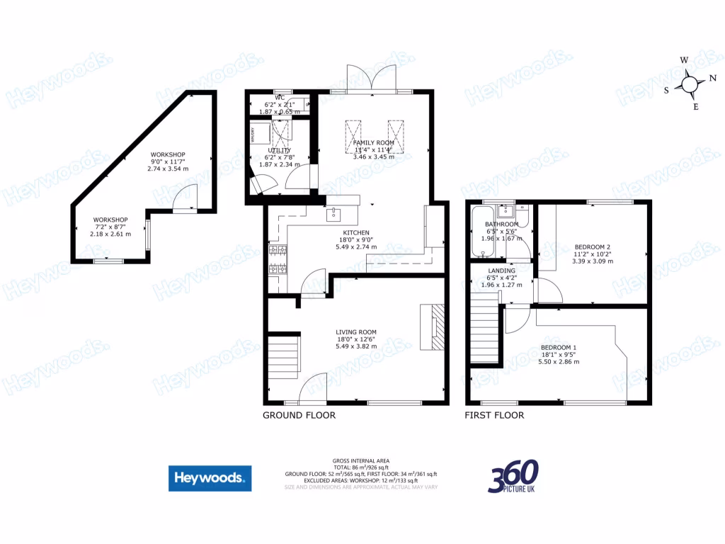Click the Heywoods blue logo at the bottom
pyautogui.click(x=210, y=478)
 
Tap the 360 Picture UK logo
pyautogui.click(x=513, y=477)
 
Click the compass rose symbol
pyautogui.click(x=690, y=85)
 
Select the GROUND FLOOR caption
pyautogui.click(x=299, y=415)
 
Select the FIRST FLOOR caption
pyautogui.click(x=494, y=415)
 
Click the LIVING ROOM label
pyautogui.click(x=356, y=331)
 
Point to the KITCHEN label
pyautogui.click(x=356, y=232)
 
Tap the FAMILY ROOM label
pyautogui.click(x=373, y=142)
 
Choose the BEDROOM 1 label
pyautogui.click(x=559, y=347)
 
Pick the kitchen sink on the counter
pyautogui.click(x=333, y=214)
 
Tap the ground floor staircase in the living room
pyautogui.click(x=285, y=358)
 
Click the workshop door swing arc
pyautogui.click(x=186, y=196)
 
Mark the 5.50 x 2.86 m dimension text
pyautogui.click(x=559, y=361)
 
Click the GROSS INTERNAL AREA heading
pyautogui.click(x=361, y=460)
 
